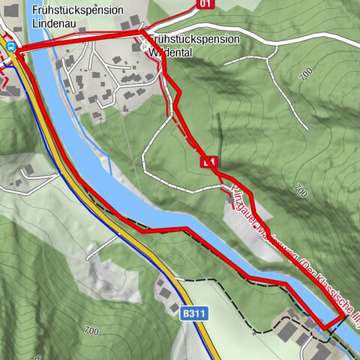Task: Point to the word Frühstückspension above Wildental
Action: (194, 38)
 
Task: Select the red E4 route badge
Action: (209, 162)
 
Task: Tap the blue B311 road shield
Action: (193, 313)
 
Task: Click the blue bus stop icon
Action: (11, 46)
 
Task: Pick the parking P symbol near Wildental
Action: (145, 46)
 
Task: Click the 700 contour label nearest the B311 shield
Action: (92, 330)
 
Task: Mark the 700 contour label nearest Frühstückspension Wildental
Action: (303, 73)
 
